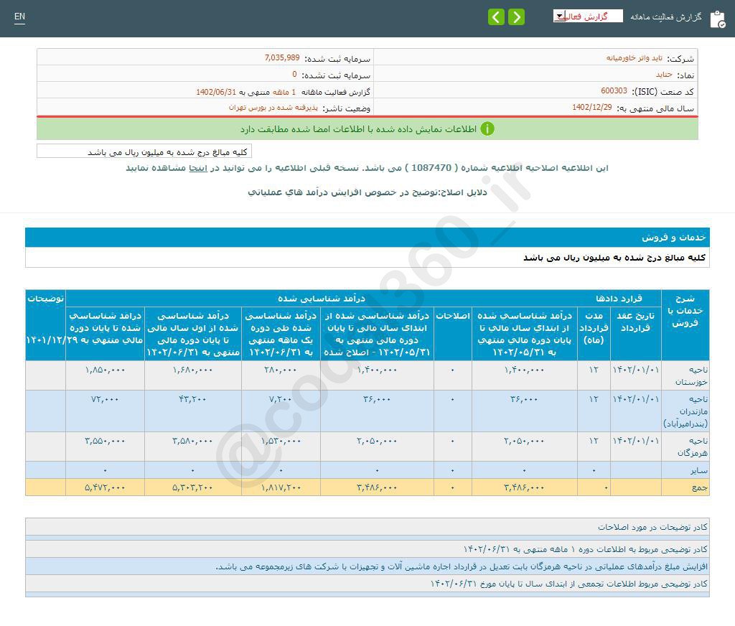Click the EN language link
[19, 17]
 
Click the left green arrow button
[496, 17]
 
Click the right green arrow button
[516, 17]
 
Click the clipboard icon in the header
[717, 19]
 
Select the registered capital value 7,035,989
[282, 58]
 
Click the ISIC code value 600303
[614, 91]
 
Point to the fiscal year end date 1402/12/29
[592, 107]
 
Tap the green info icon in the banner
[487, 129]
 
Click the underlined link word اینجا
[198, 167]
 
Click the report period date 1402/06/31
[216, 92]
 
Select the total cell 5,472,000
[105, 487]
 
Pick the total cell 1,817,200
[281, 487]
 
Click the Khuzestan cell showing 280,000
[281, 370]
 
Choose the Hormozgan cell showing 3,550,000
[105, 441]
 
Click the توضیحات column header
[45, 298]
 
